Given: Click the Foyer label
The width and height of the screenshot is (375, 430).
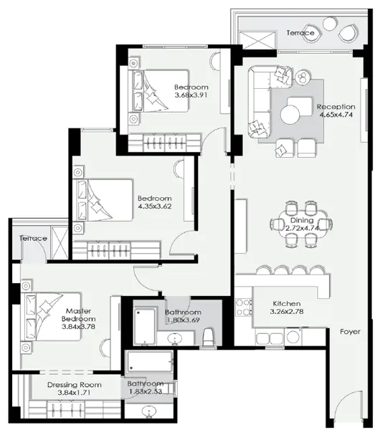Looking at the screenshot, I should pos(350,332).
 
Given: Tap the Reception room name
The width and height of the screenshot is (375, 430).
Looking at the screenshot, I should pos(336,107).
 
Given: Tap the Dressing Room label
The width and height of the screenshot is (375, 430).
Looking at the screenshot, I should pos(75,385).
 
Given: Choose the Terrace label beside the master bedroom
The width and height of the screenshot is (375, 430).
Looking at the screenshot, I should pos(33,238).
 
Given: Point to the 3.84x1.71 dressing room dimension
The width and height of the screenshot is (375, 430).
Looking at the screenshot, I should pos(75,394).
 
